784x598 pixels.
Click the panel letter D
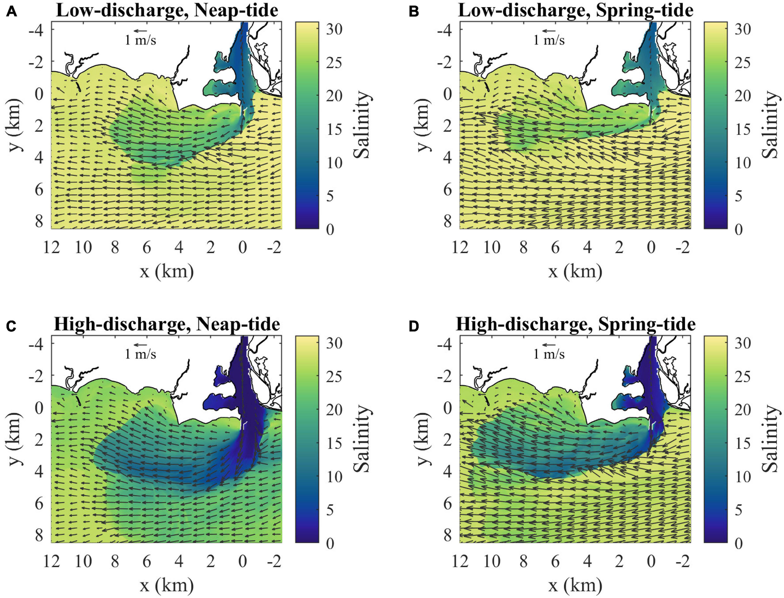pos(414,326)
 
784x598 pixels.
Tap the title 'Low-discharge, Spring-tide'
pos(575,10)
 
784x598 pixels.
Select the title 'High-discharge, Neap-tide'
pos(167,324)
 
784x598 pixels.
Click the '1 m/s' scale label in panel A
pos(140,40)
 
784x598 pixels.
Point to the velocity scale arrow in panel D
pos(549,344)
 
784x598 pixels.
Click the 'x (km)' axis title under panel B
pos(575,271)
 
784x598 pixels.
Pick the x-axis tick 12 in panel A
pos(52,247)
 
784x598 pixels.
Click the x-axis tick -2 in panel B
pos(683,247)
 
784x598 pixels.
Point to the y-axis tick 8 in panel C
pos(39,535)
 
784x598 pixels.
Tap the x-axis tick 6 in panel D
pos(556,561)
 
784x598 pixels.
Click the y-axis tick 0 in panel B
pos(448,94)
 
